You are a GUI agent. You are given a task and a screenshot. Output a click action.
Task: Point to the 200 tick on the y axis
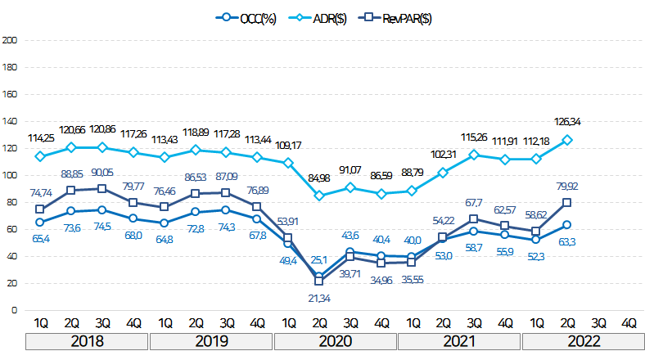(10, 39)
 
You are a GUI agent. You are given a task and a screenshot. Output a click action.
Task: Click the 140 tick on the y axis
(10, 120)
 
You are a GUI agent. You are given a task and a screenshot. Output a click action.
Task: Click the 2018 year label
(87, 340)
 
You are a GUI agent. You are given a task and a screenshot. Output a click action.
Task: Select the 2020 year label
(335, 340)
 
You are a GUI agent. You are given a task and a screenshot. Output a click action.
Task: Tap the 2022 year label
(583, 340)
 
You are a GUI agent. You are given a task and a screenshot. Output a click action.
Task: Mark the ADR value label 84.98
(319, 179)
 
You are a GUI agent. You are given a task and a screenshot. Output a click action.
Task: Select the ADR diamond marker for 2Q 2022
(567, 140)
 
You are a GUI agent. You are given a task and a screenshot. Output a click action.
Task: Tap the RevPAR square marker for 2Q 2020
(318, 281)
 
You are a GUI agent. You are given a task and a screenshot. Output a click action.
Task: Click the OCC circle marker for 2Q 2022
(567, 225)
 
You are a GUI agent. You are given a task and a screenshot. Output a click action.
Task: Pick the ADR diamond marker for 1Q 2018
(39, 155)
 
